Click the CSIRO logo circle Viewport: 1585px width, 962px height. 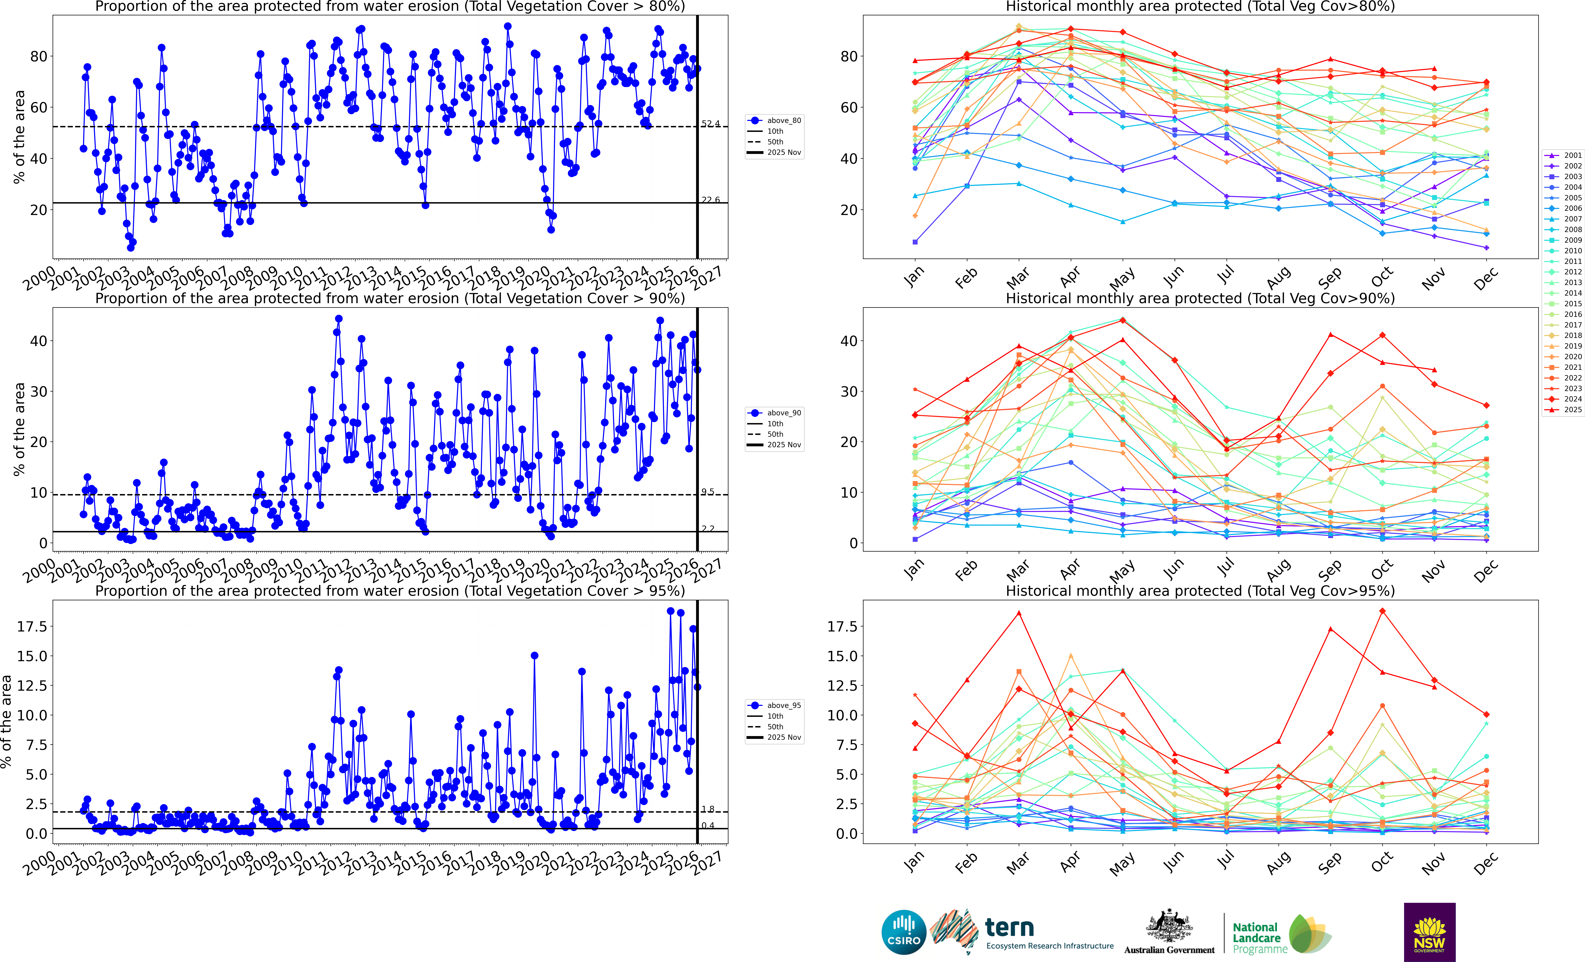[904, 932]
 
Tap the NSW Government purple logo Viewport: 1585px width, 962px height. [1429, 932]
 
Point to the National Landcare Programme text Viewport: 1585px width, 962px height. [1260, 938]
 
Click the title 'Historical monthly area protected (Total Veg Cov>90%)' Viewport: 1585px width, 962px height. [1200, 299]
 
